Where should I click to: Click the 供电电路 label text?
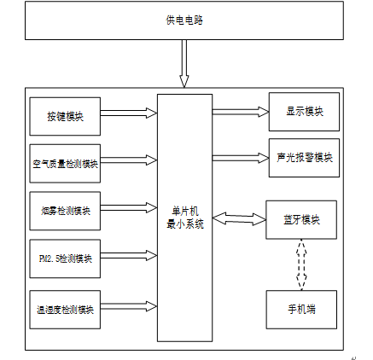coord(184,20)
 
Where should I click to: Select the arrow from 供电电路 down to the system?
coord(184,63)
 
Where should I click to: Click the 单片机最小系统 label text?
coord(185,218)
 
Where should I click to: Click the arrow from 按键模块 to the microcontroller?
coord(129,113)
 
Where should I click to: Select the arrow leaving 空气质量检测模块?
coord(129,160)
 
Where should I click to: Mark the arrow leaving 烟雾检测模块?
coord(129,208)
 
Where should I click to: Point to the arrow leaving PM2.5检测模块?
coord(129,256)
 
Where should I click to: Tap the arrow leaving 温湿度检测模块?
coord(129,306)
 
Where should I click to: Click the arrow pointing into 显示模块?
coord(241,112)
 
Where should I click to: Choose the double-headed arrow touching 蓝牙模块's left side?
coord(239,219)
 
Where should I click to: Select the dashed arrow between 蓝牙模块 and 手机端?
coord(301,264)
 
